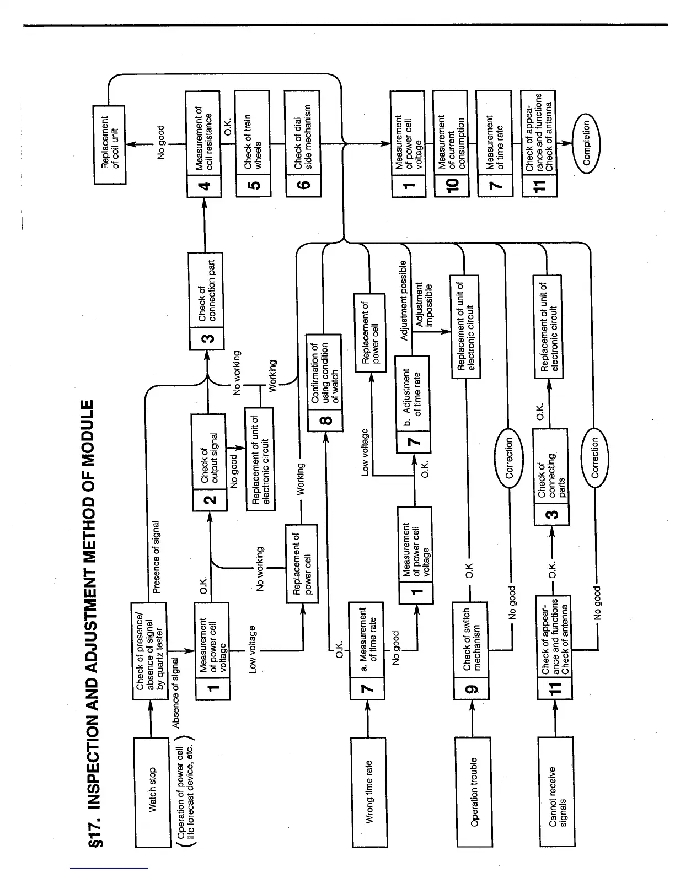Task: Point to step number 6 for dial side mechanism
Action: (303, 184)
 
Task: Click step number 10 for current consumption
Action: (451, 185)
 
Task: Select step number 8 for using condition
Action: (325, 420)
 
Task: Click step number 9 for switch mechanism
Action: (473, 688)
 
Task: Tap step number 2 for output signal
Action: (210, 500)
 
